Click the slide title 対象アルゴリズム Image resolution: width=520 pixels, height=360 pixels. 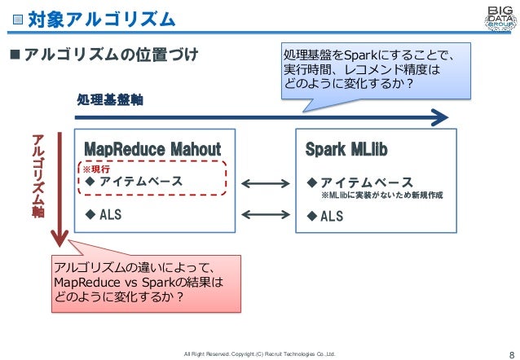coord(101,18)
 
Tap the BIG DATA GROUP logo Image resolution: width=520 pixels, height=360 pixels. coord(494,17)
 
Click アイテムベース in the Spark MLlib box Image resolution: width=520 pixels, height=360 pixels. coord(365,182)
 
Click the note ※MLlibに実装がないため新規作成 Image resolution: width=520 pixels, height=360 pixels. coord(381,196)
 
